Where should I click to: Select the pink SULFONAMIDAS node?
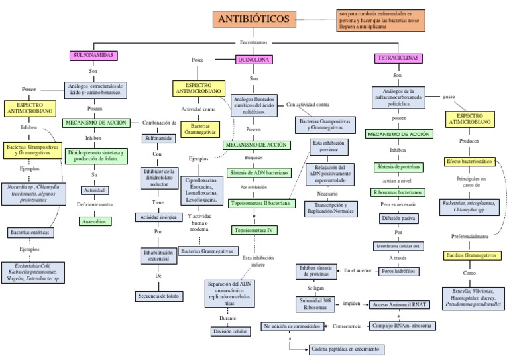coord(93,55)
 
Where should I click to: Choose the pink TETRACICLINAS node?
coord(398,58)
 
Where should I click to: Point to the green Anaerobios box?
coord(94,221)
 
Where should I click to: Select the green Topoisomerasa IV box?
coord(254,231)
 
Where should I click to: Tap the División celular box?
coord(229,331)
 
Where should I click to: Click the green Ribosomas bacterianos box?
coord(398,192)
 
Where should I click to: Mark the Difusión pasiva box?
coord(398,217)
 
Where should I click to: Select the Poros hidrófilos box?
coord(398,271)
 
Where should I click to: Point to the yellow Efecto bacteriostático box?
coord(469,161)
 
